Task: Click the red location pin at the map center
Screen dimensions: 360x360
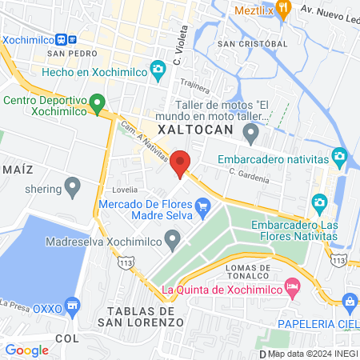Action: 181,162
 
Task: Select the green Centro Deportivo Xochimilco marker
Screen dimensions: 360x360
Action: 98,102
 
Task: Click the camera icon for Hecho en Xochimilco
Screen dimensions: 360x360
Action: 158,70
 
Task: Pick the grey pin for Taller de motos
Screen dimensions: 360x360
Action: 252,131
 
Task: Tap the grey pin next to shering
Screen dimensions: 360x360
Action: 73,189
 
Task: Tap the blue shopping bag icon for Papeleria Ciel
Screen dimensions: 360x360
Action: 349,301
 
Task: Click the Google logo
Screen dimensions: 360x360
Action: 26,350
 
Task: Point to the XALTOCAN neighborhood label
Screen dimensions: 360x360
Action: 195,130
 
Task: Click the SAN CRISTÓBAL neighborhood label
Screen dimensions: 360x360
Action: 251,42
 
